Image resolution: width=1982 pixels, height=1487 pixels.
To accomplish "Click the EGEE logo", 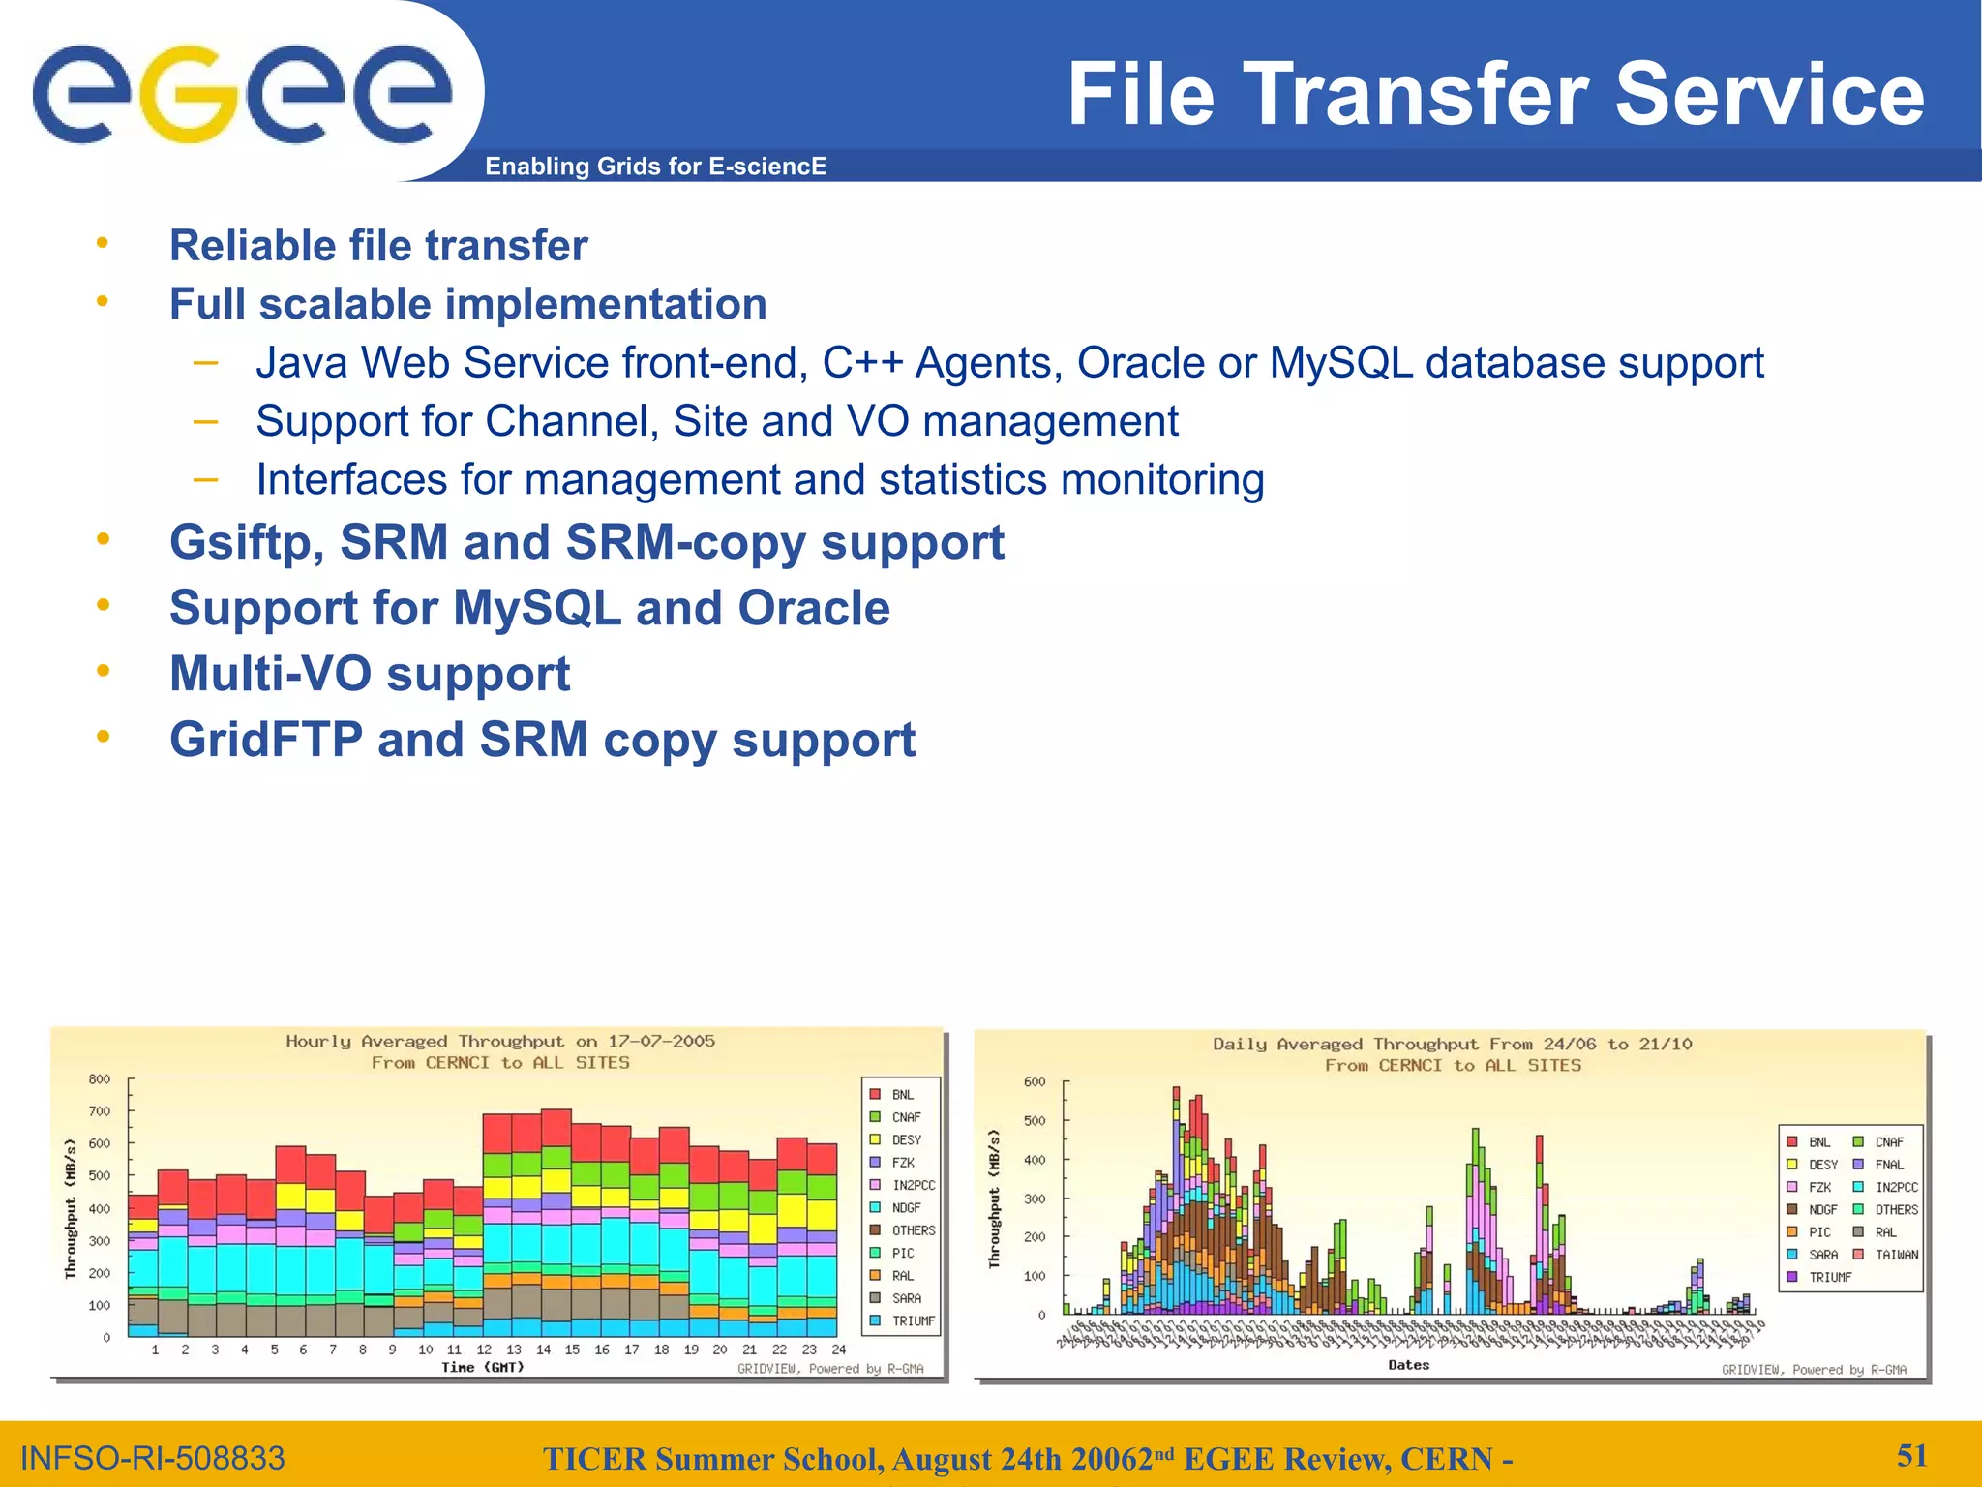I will point(242,94).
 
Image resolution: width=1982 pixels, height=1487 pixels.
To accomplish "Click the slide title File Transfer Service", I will point(1495,94).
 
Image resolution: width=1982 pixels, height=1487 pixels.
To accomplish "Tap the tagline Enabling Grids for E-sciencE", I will point(655,167).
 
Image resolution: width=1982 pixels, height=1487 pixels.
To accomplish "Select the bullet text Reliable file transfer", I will point(378,246).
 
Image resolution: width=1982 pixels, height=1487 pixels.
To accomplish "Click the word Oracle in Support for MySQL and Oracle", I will point(813,609).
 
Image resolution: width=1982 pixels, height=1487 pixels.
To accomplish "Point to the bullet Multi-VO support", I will point(370,675).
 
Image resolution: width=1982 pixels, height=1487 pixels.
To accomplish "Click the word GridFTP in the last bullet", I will point(265,741).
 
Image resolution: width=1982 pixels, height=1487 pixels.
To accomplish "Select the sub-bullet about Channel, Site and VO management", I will point(716,422).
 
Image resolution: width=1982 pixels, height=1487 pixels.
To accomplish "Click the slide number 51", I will point(1911,1455).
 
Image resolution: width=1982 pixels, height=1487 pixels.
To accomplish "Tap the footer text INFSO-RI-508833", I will point(153,1458).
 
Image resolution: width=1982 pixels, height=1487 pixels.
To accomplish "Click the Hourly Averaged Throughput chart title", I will point(499,1042).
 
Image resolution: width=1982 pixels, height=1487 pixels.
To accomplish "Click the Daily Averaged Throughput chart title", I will point(1452,1045).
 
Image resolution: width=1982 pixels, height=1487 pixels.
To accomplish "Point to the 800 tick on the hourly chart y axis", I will point(100,1079).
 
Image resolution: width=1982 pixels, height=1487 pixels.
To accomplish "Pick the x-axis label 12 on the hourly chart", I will point(484,1350).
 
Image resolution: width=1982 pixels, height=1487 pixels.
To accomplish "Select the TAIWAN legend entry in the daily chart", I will point(1896,1255).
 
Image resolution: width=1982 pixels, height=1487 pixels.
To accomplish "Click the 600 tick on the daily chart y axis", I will point(1035,1082).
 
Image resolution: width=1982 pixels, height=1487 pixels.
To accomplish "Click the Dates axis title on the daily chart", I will point(1408,1365).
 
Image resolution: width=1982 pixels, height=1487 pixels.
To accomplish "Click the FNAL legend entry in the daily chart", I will point(1888,1165).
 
